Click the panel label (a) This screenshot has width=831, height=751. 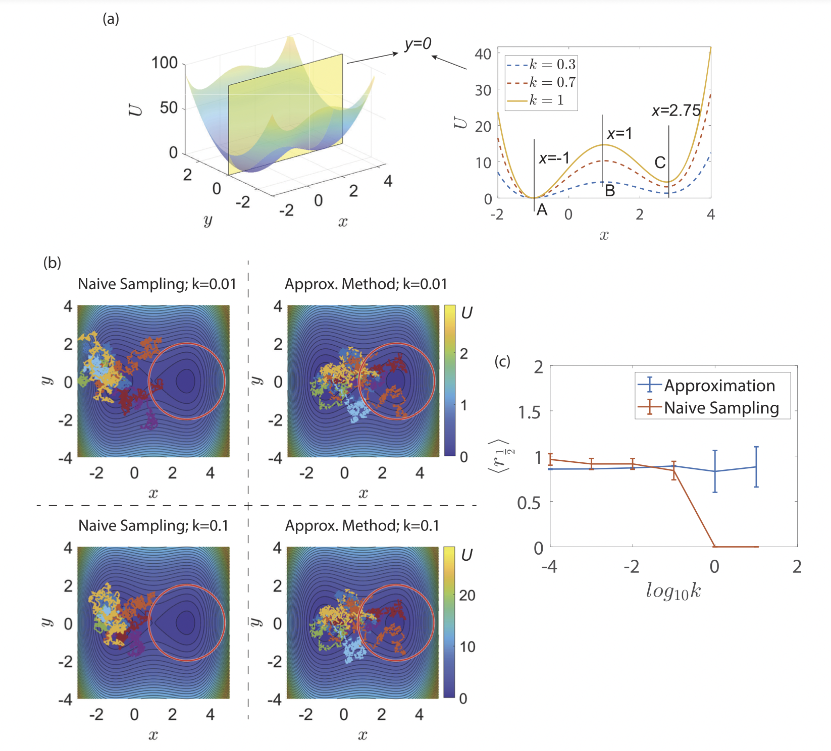[111, 19]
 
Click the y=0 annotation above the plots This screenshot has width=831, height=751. [418, 44]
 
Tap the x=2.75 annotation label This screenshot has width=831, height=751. [676, 111]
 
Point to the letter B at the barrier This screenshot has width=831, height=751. [610, 191]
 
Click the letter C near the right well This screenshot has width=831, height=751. [660, 163]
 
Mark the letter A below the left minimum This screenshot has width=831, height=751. [542, 210]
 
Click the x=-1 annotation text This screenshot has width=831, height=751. [554, 158]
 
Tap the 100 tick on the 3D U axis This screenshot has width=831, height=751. [165, 63]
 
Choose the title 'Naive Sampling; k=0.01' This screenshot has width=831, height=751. [157, 284]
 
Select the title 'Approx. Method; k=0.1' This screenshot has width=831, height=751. [362, 526]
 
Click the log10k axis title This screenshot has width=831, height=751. [673, 591]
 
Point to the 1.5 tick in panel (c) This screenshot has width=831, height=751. [529, 412]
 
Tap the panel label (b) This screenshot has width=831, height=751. [52, 263]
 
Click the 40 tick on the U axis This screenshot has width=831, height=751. [483, 54]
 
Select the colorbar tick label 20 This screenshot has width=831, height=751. [467, 596]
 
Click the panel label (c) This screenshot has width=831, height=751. [502, 361]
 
